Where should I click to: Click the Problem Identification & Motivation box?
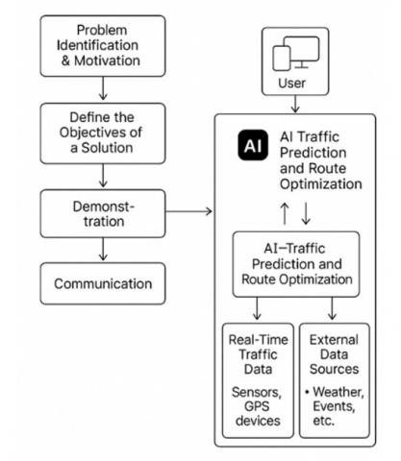103,46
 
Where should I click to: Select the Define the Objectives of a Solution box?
103,133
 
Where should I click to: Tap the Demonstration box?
103,213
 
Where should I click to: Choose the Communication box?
103,283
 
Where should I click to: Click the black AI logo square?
253,145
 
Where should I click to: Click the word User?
291,84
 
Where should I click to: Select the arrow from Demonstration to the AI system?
188,211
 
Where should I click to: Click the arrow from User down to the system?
295,104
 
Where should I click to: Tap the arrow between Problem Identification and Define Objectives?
103,88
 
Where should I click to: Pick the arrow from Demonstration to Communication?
103,249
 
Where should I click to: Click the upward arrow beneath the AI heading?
285,213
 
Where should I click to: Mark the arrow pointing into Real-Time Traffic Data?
257,308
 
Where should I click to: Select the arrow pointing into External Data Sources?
332,308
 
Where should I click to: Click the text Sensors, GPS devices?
258,406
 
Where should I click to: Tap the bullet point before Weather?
307,392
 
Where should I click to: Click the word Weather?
338,392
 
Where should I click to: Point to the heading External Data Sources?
334,354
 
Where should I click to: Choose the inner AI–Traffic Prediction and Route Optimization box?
296,264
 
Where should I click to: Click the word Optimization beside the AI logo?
321,184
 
